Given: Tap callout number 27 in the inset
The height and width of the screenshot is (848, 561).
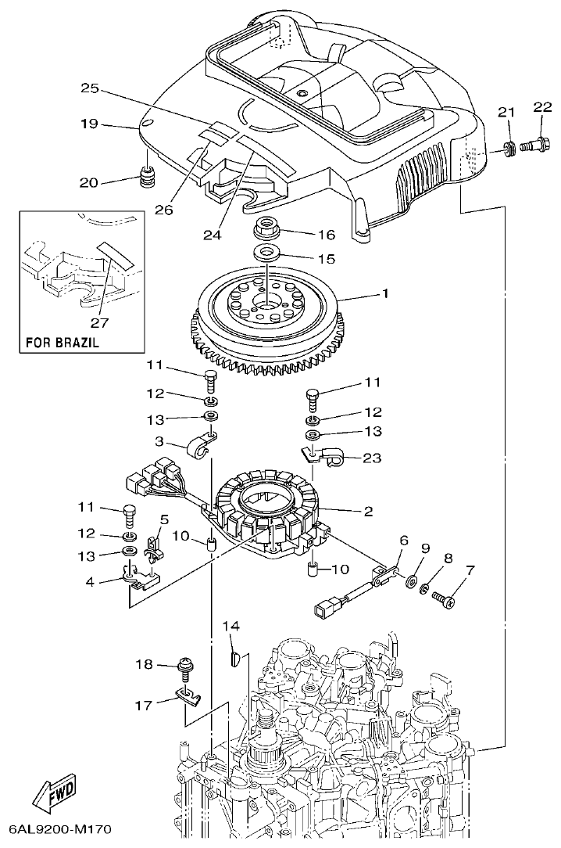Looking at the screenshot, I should [99, 322].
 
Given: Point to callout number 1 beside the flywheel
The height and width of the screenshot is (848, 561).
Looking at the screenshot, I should [384, 295].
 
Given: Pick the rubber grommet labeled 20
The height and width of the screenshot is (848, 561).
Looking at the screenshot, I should [147, 180].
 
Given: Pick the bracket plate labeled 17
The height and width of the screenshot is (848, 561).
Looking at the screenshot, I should [186, 692].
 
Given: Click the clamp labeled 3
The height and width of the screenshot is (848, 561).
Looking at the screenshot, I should [201, 447].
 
